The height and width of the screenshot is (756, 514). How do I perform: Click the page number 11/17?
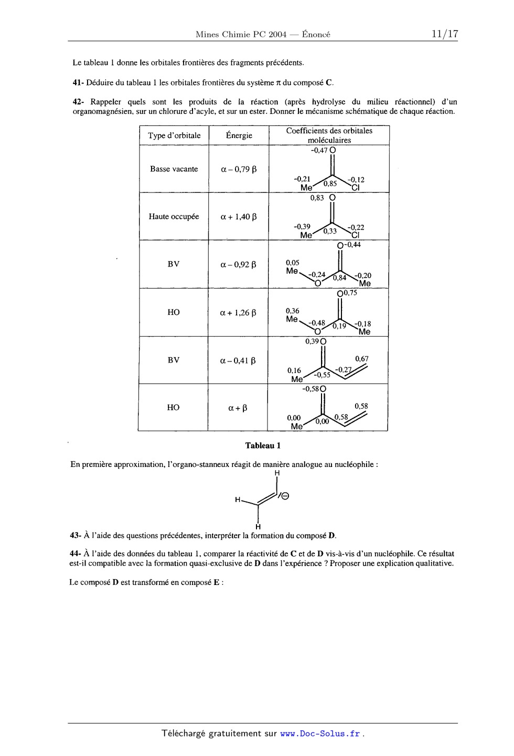pos(444,34)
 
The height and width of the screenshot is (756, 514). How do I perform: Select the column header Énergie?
pos(239,135)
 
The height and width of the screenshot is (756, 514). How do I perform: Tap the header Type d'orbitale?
pos(174,135)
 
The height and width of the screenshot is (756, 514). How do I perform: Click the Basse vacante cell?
pos(174,169)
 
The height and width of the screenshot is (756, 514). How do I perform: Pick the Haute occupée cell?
pos(174,216)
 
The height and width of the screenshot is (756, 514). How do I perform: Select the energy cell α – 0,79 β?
pos(239,169)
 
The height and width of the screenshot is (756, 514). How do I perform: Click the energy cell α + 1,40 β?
pos(239,217)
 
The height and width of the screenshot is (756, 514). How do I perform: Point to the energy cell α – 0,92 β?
pos(238,264)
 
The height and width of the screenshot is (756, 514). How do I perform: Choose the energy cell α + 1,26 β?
pos(238,313)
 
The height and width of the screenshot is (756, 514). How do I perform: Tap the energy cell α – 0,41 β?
pos(238,361)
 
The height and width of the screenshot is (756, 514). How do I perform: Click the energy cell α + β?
pos(238,408)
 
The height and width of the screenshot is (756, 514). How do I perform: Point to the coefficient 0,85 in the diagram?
pos(330,184)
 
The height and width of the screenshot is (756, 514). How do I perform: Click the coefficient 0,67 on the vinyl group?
pos(361,358)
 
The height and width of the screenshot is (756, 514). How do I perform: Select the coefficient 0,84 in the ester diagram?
pos(339,278)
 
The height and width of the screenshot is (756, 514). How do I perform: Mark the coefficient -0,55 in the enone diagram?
pos(323,375)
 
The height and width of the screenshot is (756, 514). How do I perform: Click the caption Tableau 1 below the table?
pos(263,445)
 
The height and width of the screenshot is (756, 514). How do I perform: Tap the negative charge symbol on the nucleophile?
pos(285,496)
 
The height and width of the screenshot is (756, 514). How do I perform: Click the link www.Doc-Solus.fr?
pos(320,733)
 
